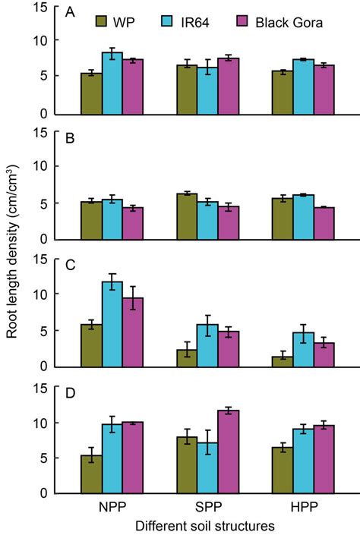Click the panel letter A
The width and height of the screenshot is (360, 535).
pos(71,14)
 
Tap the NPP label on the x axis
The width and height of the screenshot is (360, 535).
pos(112,505)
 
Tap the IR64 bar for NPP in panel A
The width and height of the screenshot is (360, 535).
pos(112,83)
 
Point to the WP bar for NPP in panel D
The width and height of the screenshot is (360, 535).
pos(91,474)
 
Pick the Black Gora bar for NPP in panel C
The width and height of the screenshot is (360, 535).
pos(133,332)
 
